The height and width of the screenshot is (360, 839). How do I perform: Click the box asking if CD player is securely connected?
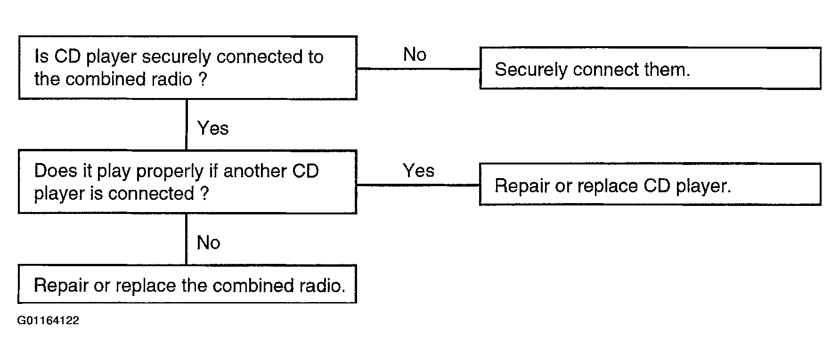click(187, 68)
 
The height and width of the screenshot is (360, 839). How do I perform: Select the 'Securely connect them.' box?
click(650, 68)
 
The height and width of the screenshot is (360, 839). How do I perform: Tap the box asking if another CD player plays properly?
click(187, 182)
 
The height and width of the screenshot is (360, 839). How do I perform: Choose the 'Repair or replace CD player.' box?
click(650, 184)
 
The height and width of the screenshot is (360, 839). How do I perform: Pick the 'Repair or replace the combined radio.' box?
click(187, 284)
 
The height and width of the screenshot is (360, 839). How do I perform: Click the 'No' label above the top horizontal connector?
click(415, 55)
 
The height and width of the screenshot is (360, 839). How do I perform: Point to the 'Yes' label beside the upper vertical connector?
click(213, 128)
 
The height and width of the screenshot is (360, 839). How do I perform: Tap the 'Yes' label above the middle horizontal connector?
click(419, 171)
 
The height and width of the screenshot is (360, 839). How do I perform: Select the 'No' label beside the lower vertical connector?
click(209, 243)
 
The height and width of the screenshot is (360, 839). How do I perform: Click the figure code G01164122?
click(49, 321)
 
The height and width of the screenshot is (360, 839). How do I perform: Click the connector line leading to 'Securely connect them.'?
click(418, 69)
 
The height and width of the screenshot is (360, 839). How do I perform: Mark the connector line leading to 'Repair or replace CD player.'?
click(418, 185)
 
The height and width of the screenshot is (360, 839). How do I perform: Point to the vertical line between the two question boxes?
click(187, 125)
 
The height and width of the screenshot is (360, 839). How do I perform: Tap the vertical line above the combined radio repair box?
click(187, 239)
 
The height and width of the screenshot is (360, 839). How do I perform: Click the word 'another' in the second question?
click(255, 171)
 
